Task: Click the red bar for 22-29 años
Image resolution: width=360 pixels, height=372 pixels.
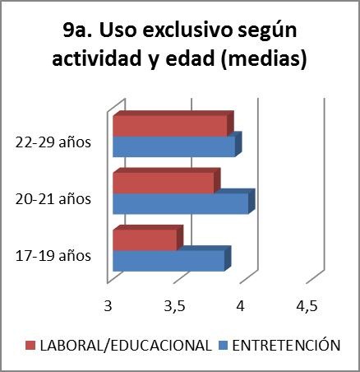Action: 168,126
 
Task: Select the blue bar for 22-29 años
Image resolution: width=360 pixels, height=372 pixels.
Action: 173,146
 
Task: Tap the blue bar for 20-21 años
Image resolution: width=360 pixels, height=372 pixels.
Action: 179,203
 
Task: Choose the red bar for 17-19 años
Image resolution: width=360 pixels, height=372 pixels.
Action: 144,239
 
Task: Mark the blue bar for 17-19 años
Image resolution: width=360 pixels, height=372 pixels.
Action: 168,260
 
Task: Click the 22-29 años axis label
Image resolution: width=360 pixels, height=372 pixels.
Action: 53,142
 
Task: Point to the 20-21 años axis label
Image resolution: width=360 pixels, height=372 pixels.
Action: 53,198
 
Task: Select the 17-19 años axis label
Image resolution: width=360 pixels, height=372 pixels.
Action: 53,255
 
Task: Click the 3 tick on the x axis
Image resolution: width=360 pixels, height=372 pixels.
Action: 108,306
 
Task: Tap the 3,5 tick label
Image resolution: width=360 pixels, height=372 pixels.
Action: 173,306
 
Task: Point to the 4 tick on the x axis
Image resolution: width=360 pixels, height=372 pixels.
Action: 240,306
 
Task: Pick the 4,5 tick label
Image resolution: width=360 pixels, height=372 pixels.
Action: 306,306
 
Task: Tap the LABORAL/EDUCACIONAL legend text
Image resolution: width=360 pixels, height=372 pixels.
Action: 125,344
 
